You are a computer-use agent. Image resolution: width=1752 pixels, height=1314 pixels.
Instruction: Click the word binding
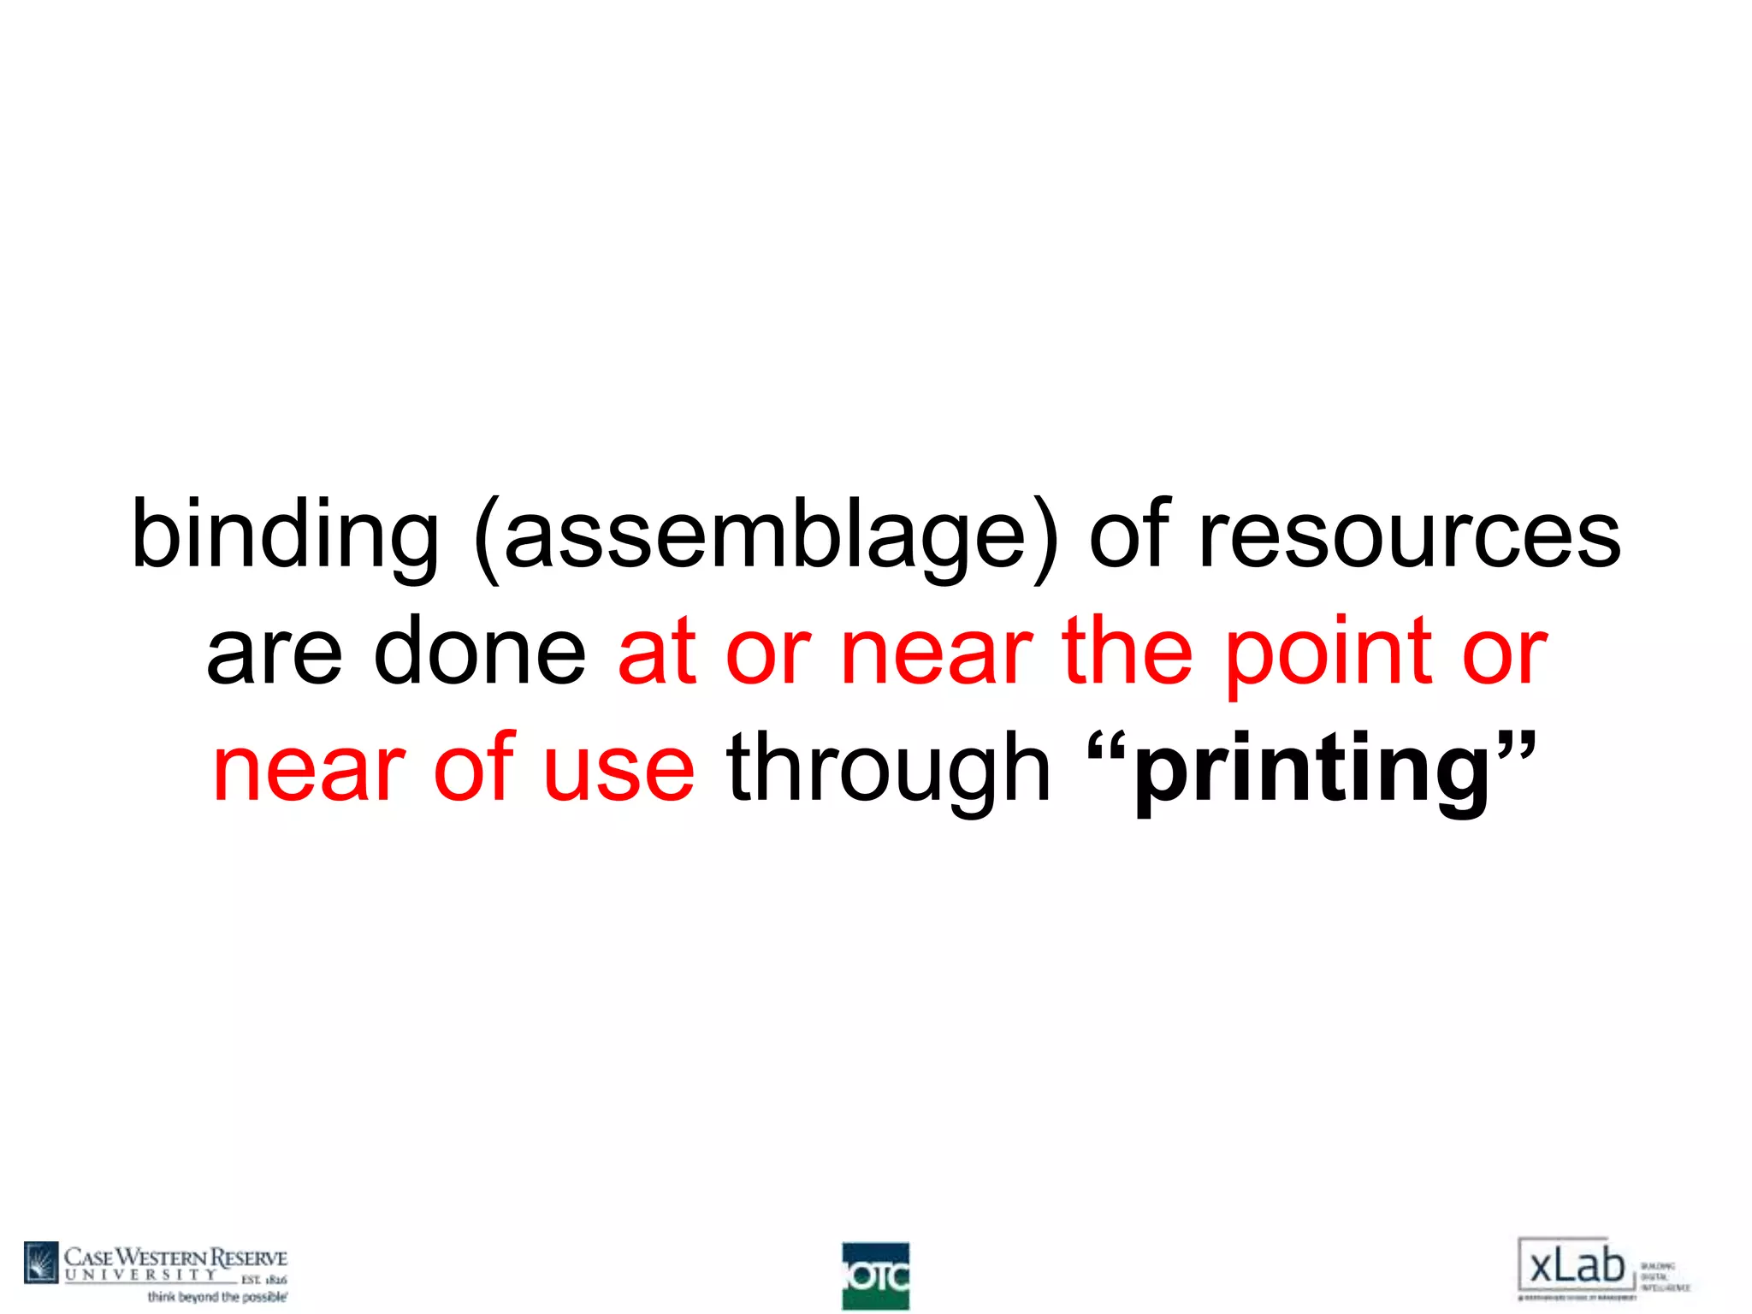pyautogui.click(x=285, y=535)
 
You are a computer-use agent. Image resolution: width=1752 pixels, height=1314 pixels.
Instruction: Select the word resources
pyautogui.click(x=1410, y=535)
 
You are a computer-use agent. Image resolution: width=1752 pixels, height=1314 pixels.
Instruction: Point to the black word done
pyautogui.click(x=480, y=652)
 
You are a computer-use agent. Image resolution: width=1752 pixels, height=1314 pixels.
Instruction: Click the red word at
pyautogui.click(x=656, y=652)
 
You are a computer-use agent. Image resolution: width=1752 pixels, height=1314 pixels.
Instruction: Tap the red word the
pyautogui.click(x=1127, y=652)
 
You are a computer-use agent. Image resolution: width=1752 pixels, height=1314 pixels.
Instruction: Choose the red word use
pyautogui.click(x=619, y=769)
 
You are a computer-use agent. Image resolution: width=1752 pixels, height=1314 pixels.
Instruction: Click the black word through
pyautogui.click(x=888, y=769)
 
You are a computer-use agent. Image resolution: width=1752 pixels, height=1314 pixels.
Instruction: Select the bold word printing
pyautogui.click(x=1312, y=771)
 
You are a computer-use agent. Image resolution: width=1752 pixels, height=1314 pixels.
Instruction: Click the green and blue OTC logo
pyautogui.click(x=875, y=1276)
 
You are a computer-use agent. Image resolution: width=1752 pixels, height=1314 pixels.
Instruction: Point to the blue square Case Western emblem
pyautogui.click(x=41, y=1262)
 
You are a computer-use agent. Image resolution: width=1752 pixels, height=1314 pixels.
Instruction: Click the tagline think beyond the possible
pyautogui.click(x=217, y=1298)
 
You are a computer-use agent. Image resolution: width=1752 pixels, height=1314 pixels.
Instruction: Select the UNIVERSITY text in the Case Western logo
pyautogui.click(x=141, y=1275)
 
